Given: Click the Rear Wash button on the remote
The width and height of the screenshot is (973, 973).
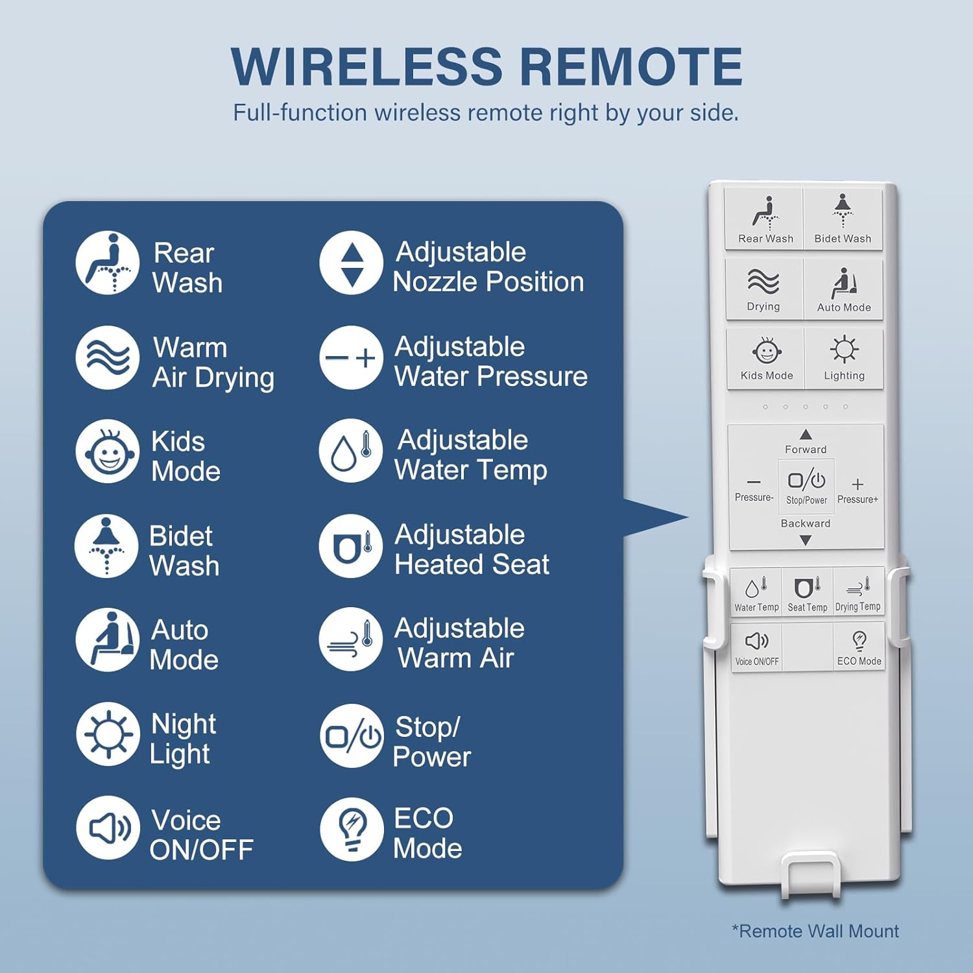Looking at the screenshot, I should pyautogui.click(x=765, y=219).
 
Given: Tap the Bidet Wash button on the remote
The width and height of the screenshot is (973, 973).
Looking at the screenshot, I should pyautogui.click(x=843, y=219).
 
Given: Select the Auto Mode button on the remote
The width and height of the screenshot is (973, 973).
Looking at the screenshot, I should pyautogui.click(x=843, y=289).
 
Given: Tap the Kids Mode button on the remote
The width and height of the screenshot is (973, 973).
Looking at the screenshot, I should pyautogui.click(x=767, y=358).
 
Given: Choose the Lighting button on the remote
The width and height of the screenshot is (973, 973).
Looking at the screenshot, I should pyautogui.click(x=844, y=358).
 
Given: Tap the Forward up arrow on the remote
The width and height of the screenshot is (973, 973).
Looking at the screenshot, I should pyautogui.click(x=806, y=435).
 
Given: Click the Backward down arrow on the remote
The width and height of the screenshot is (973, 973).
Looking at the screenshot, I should pyautogui.click(x=806, y=540).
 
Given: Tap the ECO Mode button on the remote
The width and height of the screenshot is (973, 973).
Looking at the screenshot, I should pyautogui.click(x=859, y=647).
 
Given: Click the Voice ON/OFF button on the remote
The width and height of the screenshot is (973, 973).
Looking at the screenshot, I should pyautogui.click(x=757, y=647).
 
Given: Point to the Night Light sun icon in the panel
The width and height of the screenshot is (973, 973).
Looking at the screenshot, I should pyautogui.click(x=108, y=734).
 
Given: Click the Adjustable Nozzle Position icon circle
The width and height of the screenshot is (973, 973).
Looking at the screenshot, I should pyautogui.click(x=351, y=263).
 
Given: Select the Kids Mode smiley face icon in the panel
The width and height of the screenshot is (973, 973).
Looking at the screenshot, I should pyautogui.click(x=108, y=451).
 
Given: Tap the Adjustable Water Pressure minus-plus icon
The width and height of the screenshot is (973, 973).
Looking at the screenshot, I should pyautogui.click(x=351, y=357).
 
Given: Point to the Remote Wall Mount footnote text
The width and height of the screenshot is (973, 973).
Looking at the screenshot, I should pyautogui.click(x=815, y=931).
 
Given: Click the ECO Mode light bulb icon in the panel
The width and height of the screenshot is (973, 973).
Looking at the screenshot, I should pyautogui.click(x=352, y=829).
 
